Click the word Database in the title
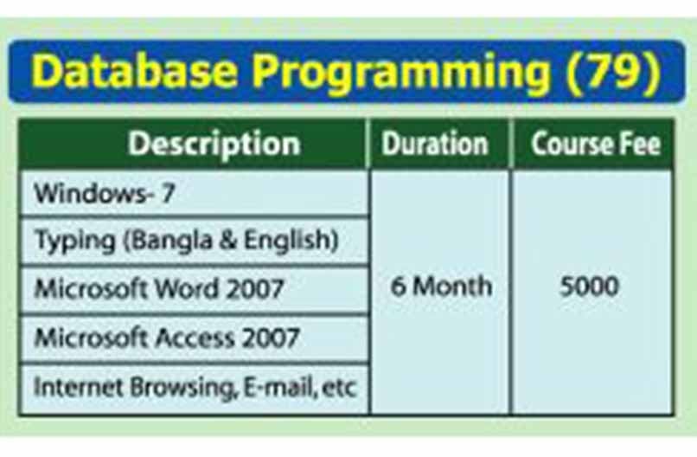coord(134,70)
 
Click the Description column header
coord(214,145)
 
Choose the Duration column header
coord(435,145)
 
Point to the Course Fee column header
coord(596,145)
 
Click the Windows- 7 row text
coord(105,194)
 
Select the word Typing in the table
coord(74,241)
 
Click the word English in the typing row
coord(287,240)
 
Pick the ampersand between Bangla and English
coord(228,240)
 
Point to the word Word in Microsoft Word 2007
coord(187,288)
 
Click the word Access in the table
coord(195,338)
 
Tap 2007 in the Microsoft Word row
coord(255,288)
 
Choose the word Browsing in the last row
coord(182,388)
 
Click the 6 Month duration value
coord(441,286)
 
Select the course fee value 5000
coord(589,286)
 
